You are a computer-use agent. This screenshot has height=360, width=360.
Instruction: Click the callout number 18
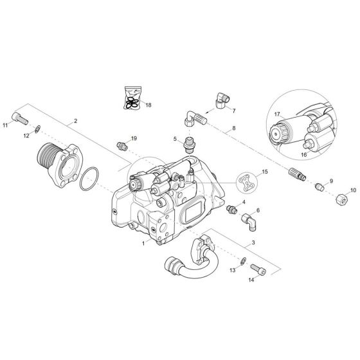(148, 104)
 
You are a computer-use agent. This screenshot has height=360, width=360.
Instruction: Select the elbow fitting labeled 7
(220, 100)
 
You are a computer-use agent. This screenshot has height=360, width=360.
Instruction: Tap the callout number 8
(233, 129)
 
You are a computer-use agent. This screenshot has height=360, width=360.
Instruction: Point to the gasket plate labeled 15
(246, 182)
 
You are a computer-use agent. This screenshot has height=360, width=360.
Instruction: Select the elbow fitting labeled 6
(249, 221)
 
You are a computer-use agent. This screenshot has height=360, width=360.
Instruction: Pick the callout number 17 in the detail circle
(277, 113)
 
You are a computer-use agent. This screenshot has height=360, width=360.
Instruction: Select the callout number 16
(304, 156)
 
